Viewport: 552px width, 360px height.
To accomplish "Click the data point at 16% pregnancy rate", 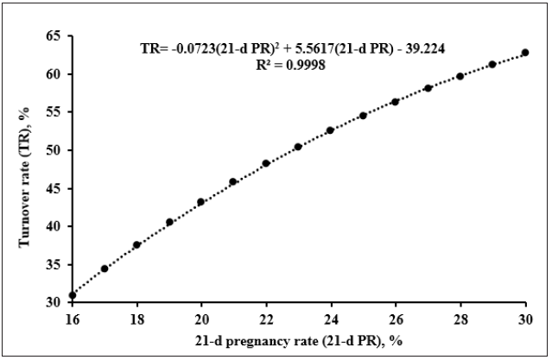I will pyautogui.click(x=73, y=295).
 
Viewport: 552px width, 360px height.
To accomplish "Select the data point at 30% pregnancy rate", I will pyautogui.click(x=524, y=53).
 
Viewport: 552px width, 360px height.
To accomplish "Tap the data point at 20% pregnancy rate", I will pyautogui.click(x=201, y=202).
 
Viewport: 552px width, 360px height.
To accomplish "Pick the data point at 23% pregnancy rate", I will pyautogui.click(x=298, y=147).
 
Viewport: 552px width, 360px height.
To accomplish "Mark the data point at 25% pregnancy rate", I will pyautogui.click(x=363, y=116).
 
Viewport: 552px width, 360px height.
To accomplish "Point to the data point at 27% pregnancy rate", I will pyautogui.click(x=428, y=88).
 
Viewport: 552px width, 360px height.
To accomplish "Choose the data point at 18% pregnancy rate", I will pyautogui.click(x=136, y=245).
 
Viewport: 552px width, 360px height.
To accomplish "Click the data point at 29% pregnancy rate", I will pyautogui.click(x=492, y=65).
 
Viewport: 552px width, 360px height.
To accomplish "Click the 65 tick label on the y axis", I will pyautogui.click(x=54, y=36).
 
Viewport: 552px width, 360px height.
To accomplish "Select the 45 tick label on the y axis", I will pyautogui.click(x=54, y=188).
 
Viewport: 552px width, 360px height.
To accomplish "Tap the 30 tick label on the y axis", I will pyautogui.click(x=54, y=302).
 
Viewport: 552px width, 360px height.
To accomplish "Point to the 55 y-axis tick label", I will pyautogui.click(x=54, y=112).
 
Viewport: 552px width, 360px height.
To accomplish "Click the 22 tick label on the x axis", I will pyautogui.click(x=266, y=316).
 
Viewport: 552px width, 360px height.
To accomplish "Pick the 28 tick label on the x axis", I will pyautogui.click(x=460, y=316).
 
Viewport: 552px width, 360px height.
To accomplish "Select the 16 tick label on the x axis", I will pyautogui.click(x=73, y=316).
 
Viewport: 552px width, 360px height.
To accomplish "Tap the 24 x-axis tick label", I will pyautogui.click(x=331, y=316).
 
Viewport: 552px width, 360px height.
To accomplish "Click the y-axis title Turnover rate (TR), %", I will pyautogui.click(x=26, y=168).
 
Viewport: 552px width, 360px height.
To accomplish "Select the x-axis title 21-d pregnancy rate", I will pyautogui.click(x=298, y=339).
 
